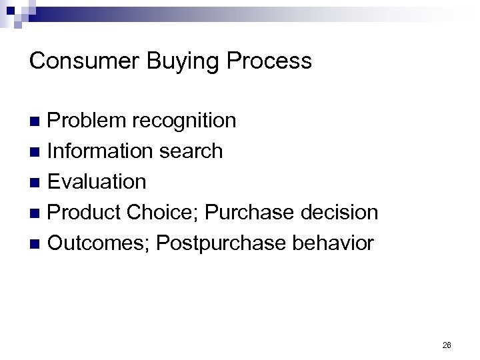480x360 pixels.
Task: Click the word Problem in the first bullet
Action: [88, 121]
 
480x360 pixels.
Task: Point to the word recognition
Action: [184, 121]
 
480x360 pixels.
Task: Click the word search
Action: [191, 151]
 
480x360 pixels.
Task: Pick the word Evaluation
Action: [97, 181]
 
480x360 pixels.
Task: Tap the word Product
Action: [85, 213]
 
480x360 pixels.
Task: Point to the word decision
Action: [341, 213]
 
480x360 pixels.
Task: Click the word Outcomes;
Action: [99, 243]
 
